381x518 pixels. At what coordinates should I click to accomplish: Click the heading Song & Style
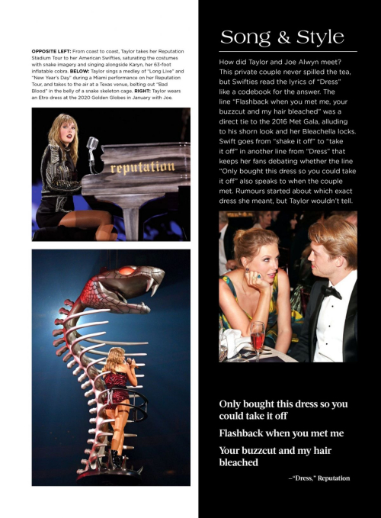point(281,37)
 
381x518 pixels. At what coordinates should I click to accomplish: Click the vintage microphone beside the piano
point(92,144)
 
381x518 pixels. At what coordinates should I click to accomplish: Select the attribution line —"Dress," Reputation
point(319,478)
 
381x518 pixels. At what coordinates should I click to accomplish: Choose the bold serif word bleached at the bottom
point(239,462)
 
